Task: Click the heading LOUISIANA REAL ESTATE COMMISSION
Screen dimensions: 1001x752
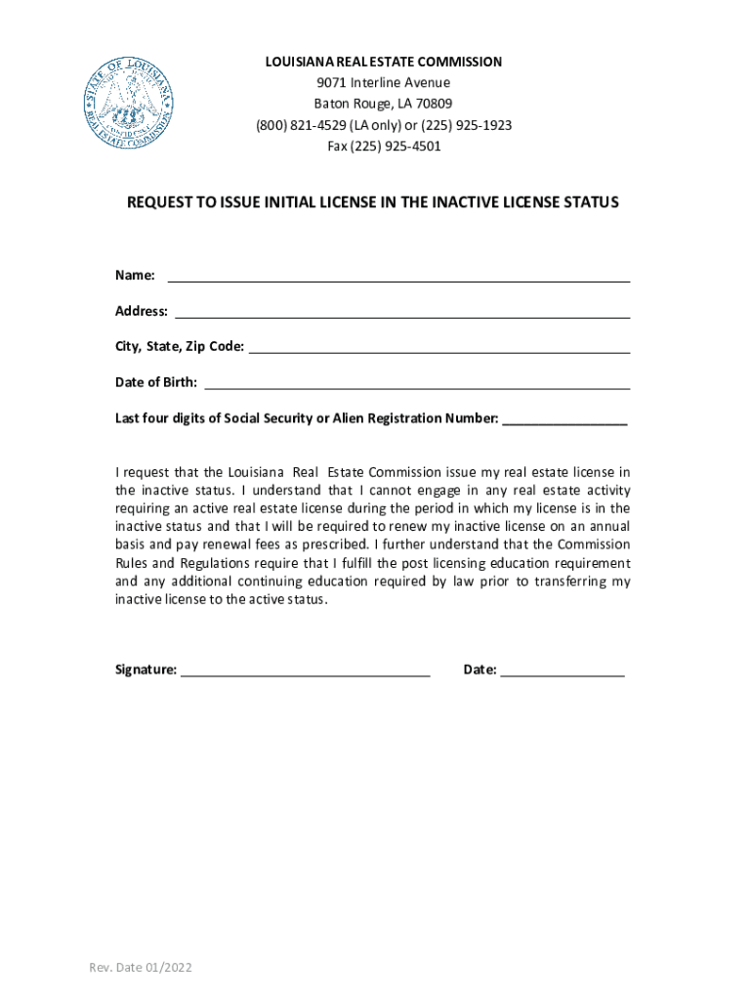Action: [384, 62]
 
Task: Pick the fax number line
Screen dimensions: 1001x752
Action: [384, 147]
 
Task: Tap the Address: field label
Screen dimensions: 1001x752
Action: [142, 311]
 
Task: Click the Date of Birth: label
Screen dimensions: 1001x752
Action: [156, 382]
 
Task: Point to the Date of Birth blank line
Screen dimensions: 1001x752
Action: [417, 387]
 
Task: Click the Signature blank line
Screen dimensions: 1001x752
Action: [306, 675]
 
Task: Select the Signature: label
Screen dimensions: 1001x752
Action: [146, 670]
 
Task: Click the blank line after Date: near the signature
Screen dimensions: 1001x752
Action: [563, 675]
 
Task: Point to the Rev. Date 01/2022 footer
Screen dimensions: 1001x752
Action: [141, 968]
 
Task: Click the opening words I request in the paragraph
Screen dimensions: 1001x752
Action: [144, 473]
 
